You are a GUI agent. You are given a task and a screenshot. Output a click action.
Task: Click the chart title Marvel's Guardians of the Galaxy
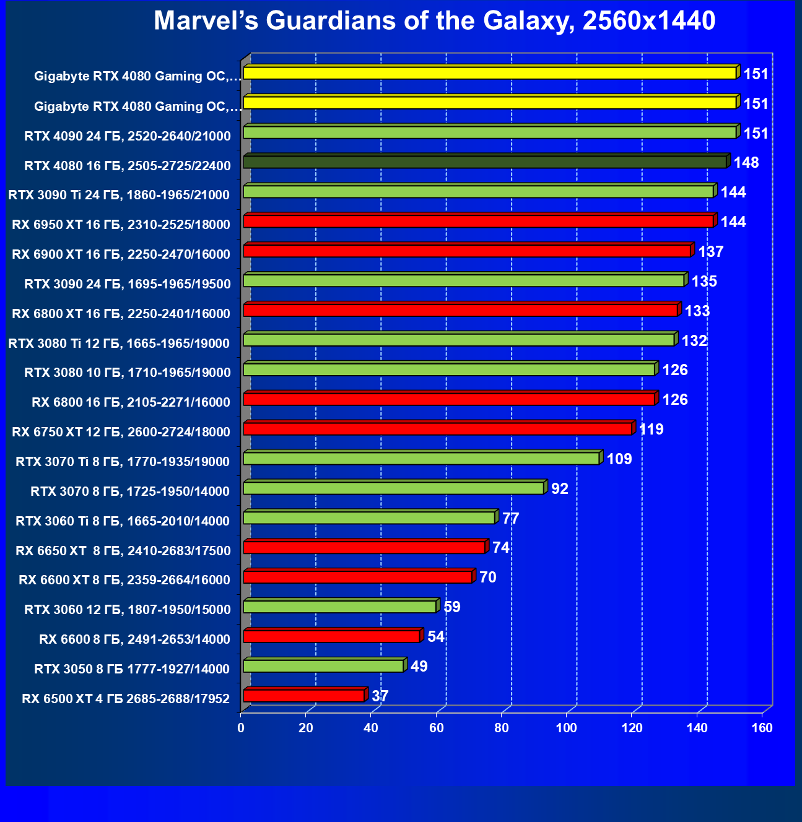434,21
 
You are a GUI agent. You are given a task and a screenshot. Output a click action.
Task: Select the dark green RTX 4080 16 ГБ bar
485,162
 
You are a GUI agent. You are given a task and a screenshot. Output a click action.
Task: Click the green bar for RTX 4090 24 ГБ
490,132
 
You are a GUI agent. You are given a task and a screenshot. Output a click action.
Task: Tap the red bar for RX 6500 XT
304,696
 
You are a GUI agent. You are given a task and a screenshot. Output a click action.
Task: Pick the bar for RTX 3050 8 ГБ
323,667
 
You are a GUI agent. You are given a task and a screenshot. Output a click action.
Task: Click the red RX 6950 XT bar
478,222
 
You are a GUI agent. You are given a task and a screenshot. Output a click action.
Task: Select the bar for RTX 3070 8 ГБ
394,488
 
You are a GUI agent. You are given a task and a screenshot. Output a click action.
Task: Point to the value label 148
746,163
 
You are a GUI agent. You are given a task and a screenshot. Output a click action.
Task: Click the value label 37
380,696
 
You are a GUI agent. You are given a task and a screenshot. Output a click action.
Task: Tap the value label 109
619,459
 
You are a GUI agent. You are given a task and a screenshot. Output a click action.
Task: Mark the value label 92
560,489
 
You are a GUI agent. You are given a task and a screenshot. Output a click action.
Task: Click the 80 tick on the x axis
502,728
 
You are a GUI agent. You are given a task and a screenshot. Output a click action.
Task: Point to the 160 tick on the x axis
762,728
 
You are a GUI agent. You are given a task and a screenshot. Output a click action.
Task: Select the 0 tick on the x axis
241,728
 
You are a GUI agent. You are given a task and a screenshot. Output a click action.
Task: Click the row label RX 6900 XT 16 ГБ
121,254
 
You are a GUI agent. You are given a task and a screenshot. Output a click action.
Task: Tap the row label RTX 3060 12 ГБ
128,610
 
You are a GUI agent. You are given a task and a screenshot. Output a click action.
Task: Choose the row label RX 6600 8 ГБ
134,639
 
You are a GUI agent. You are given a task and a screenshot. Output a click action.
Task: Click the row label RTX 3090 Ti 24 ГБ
119,195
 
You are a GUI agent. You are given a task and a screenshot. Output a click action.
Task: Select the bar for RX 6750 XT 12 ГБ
438,429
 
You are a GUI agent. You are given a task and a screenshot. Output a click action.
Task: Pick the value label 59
452,607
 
